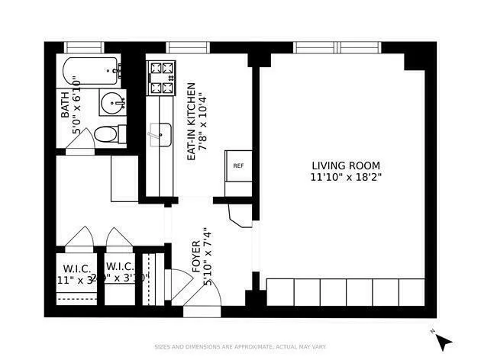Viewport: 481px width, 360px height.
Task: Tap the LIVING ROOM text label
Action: coord(345,166)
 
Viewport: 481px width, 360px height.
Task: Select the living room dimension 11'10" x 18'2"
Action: coord(345,177)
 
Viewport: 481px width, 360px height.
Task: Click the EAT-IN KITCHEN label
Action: coord(192,121)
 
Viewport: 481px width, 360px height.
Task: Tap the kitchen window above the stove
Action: coord(181,47)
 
